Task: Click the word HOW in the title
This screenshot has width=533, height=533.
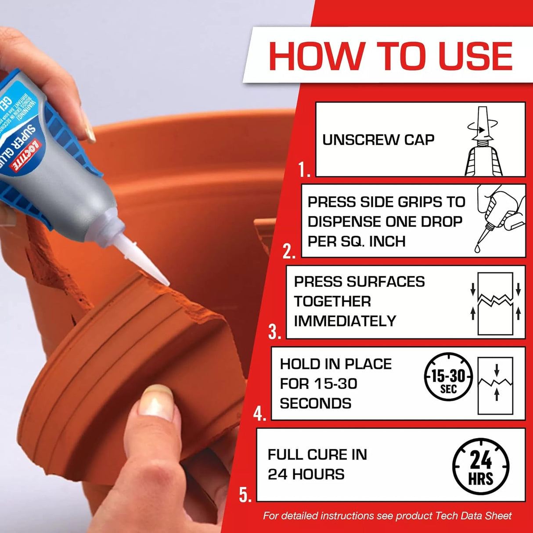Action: pyautogui.click(x=316, y=56)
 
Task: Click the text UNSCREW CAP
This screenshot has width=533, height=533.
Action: pyautogui.click(x=378, y=140)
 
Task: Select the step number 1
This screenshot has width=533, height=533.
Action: pyautogui.click(x=304, y=169)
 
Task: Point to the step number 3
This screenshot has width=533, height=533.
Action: pyautogui.click(x=274, y=332)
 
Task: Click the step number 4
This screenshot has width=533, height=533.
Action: pyautogui.click(x=259, y=413)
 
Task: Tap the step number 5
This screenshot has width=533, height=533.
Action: pyautogui.click(x=245, y=495)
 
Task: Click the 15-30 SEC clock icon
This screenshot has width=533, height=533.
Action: pyautogui.click(x=448, y=377)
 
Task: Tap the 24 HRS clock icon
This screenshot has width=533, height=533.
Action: pyautogui.click(x=481, y=467)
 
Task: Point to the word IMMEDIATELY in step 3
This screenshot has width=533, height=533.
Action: pyautogui.click(x=345, y=321)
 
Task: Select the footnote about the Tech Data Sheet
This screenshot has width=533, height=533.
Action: pyautogui.click(x=387, y=516)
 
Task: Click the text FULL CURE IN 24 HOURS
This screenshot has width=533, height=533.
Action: pyautogui.click(x=317, y=464)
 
